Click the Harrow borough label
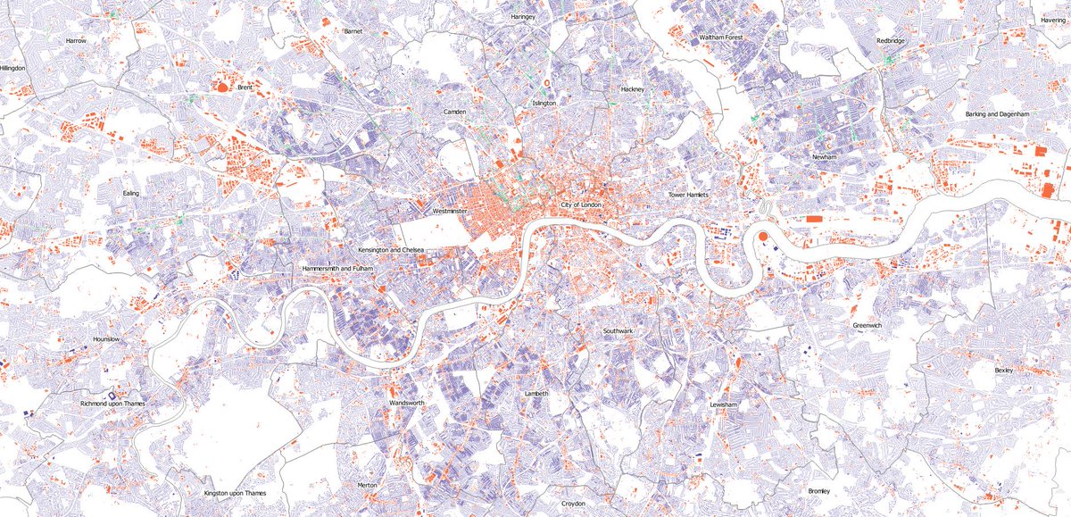75,41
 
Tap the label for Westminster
450,212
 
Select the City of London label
582,205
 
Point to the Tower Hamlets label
687,195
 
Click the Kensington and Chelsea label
390,250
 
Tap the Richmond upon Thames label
112,404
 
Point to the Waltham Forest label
721,38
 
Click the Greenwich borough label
867,326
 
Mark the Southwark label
618,331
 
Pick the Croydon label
573,504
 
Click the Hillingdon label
13,68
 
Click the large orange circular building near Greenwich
763,236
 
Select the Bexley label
1004,369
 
